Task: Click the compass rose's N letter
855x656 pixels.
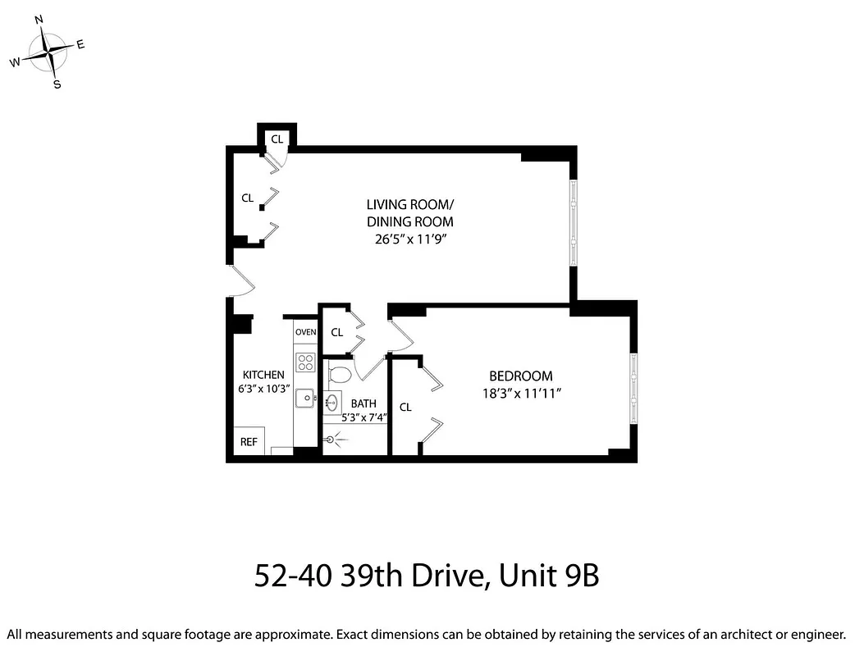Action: click(x=39, y=19)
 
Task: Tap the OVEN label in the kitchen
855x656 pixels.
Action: click(x=306, y=332)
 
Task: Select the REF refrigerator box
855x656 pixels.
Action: click(x=249, y=442)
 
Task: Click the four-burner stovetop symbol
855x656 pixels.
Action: click(x=306, y=362)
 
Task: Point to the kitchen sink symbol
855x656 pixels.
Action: click(x=305, y=398)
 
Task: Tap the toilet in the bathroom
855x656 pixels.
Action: click(x=339, y=375)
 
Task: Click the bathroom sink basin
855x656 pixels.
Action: click(x=332, y=403)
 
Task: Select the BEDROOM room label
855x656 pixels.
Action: click(x=521, y=376)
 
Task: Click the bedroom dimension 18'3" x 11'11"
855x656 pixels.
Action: click(x=521, y=394)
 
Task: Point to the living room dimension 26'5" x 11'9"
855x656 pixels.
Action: click(x=409, y=239)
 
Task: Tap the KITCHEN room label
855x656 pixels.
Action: click(x=263, y=375)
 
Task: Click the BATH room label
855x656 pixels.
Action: click(x=363, y=403)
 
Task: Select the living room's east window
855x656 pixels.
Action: click(x=574, y=221)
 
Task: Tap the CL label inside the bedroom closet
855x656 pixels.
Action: click(x=405, y=408)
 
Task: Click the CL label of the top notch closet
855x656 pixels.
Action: click(x=277, y=139)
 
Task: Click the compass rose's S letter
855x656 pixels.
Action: click(x=57, y=84)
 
